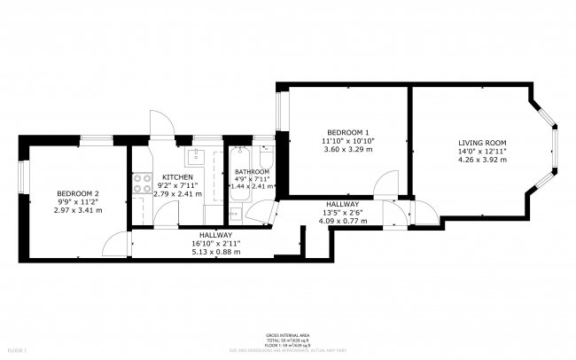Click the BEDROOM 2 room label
78,193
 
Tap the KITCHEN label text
176,176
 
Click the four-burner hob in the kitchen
141,184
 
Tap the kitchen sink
197,160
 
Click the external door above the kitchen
160,124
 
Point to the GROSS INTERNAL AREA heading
287,335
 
